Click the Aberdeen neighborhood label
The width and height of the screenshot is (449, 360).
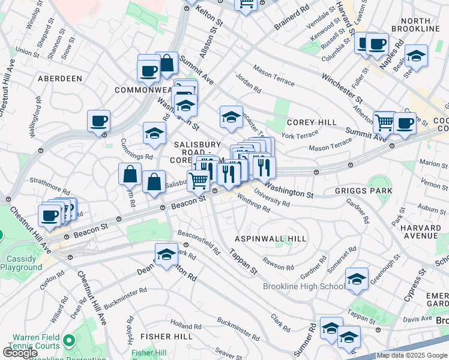tap(59, 79)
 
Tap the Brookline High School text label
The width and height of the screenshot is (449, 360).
tap(304, 286)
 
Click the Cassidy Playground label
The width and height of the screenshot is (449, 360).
tap(21, 263)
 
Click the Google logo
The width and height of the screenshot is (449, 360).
tap(20, 353)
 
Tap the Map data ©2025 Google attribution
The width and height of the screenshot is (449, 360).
tap(412, 355)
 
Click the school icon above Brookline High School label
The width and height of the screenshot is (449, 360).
tap(357, 279)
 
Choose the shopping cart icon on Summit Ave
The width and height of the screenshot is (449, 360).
tap(384, 122)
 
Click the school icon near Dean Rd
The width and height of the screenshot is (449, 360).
tap(166, 254)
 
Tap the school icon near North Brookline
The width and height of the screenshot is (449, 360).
tap(416, 56)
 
